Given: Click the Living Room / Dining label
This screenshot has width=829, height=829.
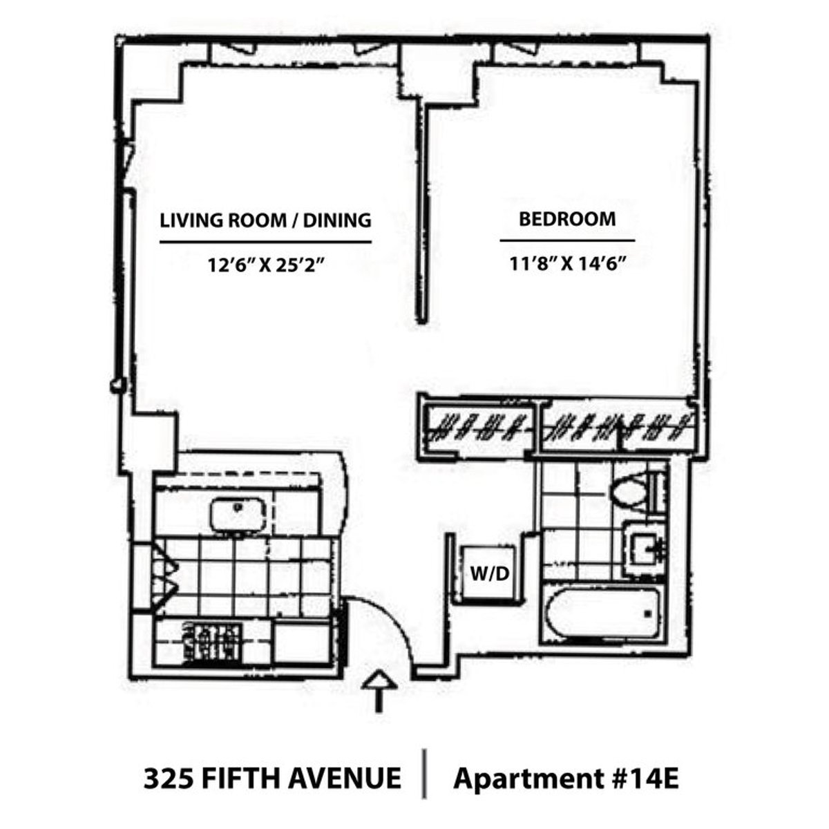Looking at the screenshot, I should coord(266,220).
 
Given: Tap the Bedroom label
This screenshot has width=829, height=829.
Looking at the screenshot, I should coord(567,219).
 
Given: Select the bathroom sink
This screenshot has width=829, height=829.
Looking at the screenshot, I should coord(646,550).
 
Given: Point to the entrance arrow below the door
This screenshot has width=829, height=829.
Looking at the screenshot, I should coord(379,691).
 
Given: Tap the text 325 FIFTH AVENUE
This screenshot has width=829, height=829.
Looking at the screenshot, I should coord(272,779).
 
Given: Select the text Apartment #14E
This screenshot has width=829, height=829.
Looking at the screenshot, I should coord(566,779).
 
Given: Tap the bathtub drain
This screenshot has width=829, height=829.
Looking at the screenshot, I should coord(648,613).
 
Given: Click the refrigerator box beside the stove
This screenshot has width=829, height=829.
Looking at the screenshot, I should coord(303,643).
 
